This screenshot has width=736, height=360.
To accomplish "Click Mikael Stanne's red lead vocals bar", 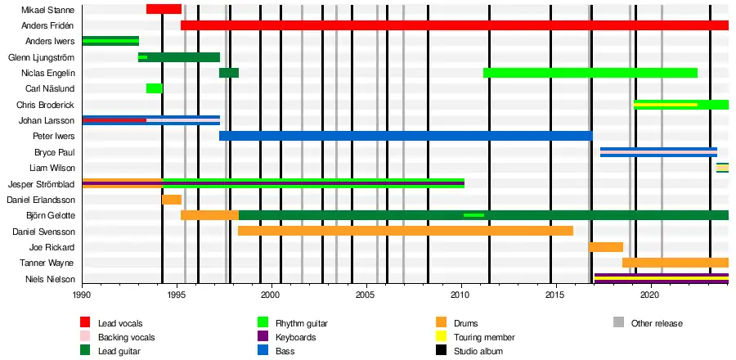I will coord(164,9).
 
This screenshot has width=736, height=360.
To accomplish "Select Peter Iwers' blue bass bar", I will coord(405,136).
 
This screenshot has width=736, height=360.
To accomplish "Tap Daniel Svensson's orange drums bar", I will coord(405,231).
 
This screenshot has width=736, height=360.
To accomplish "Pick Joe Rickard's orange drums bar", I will coord(605,247).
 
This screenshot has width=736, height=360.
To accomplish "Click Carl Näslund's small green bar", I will coord(155,88).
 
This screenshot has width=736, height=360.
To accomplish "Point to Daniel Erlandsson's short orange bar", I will coord(172,200).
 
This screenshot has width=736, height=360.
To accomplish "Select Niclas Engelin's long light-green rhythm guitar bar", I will coord(590,73).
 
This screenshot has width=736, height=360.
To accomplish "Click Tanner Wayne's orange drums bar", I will coord(675,263).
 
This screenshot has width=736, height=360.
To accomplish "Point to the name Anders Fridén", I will coord(48,25).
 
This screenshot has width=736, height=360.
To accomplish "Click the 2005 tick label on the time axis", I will coord(365,295).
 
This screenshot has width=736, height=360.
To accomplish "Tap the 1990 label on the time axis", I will coord(82,295).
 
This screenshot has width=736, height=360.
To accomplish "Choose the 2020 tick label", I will coord(649,295).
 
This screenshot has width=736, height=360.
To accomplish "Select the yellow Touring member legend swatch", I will coord(441,337).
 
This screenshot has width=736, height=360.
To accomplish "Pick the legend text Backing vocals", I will coord(126,337).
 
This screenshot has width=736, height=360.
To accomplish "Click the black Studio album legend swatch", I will coord(441,351).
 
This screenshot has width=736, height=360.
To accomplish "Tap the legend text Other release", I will coord(657,323).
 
